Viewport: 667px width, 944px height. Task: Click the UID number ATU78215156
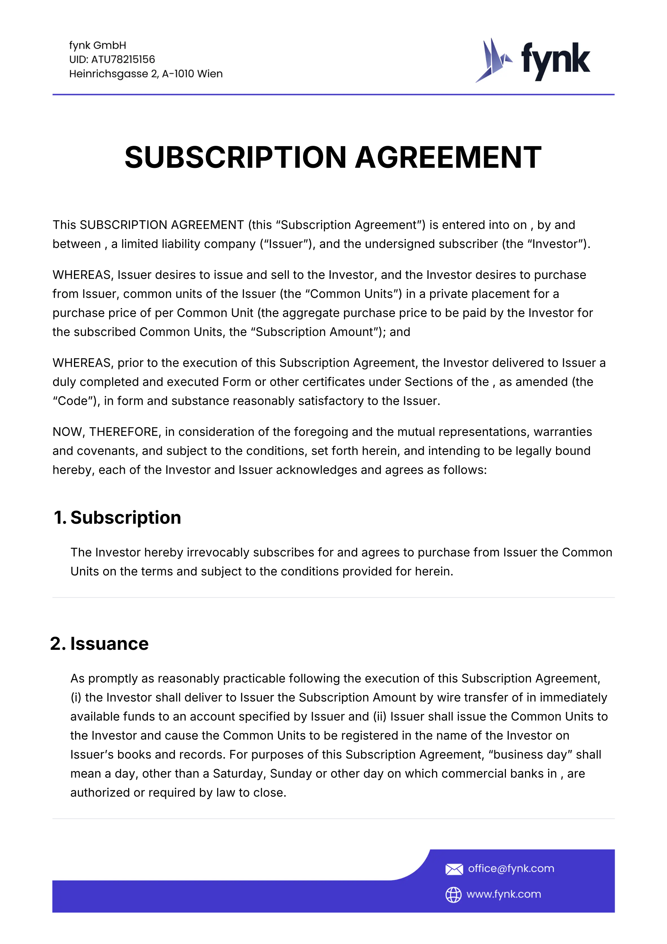[123, 59]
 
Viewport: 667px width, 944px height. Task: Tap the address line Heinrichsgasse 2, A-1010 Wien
[146, 74]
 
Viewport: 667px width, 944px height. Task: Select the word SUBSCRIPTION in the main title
[235, 157]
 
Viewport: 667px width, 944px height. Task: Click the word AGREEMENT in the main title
[448, 157]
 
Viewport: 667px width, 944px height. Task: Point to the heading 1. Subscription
[118, 518]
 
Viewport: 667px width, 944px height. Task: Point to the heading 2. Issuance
[99, 644]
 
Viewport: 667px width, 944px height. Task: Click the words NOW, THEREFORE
[105, 432]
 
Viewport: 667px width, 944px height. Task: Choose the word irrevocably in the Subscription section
[218, 553]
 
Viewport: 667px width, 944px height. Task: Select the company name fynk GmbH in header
[98, 45]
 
